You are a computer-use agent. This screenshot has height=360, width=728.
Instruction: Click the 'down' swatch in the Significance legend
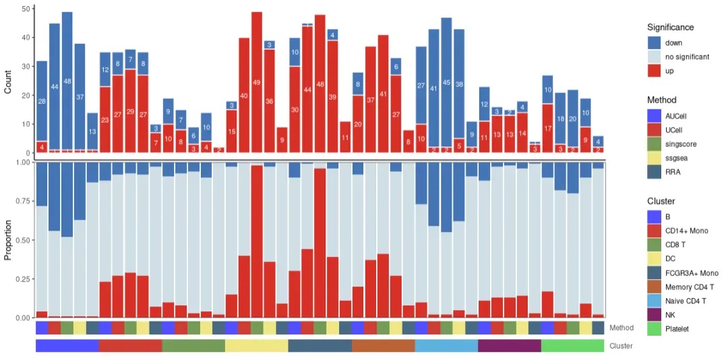(x=654, y=42)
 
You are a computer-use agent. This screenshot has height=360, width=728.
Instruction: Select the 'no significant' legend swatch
(x=654, y=57)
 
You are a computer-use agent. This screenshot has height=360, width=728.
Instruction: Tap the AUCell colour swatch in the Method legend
(x=654, y=116)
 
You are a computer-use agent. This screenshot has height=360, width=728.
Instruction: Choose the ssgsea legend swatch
(x=654, y=158)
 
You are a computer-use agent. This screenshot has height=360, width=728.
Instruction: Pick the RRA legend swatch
(x=654, y=172)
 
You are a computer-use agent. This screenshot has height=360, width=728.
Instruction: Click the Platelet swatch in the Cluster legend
(x=654, y=329)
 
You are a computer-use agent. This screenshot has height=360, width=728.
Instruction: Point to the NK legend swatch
(x=654, y=315)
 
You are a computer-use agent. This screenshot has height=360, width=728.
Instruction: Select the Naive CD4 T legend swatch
(x=654, y=301)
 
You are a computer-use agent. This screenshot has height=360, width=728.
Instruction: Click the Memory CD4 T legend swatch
(x=654, y=287)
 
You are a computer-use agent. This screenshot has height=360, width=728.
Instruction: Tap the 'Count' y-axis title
(x=8, y=82)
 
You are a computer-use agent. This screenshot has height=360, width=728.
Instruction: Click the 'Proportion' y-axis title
(x=8, y=240)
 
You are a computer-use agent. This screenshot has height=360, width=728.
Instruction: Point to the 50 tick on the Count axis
(x=25, y=9)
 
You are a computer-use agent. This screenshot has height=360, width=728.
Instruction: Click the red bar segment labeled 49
(x=256, y=82)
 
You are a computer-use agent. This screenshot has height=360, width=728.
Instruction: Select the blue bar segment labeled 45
(x=446, y=82)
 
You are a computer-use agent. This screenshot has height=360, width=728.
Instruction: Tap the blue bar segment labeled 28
(x=42, y=101)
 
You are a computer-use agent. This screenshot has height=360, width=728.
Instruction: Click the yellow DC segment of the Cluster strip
(x=256, y=346)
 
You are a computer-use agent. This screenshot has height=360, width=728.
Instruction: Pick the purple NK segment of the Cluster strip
(x=509, y=346)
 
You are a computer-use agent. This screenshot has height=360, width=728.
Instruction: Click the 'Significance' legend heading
(x=670, y=28)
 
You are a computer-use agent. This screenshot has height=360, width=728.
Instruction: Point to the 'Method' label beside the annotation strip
(x=621, y=328)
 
